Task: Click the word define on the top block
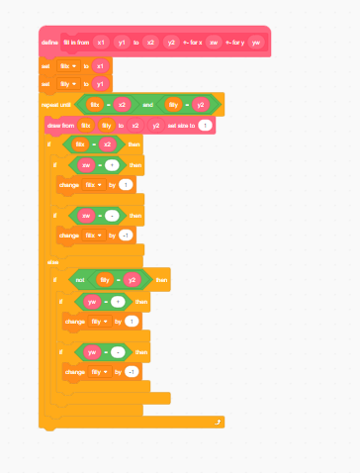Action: pyautogui.click(x=49, y=43)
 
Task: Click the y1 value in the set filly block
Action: pyautogui.click(x=100, y=84)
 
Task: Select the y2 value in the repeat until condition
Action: pyautogui.click(x=201, y=104)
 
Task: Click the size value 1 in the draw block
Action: pyautogui.click(x=204, y=126)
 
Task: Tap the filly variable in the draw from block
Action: pyautogui.click(x=106, y=126)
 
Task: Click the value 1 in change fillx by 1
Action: pyautogui.click(x=126, y=184)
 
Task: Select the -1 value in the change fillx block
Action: pyautogui.click(x=126, y=235)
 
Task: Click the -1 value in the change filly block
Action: pyautogui.click(x=132, y=371)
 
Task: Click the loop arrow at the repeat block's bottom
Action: pyautogui.click(x=217, y=422)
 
